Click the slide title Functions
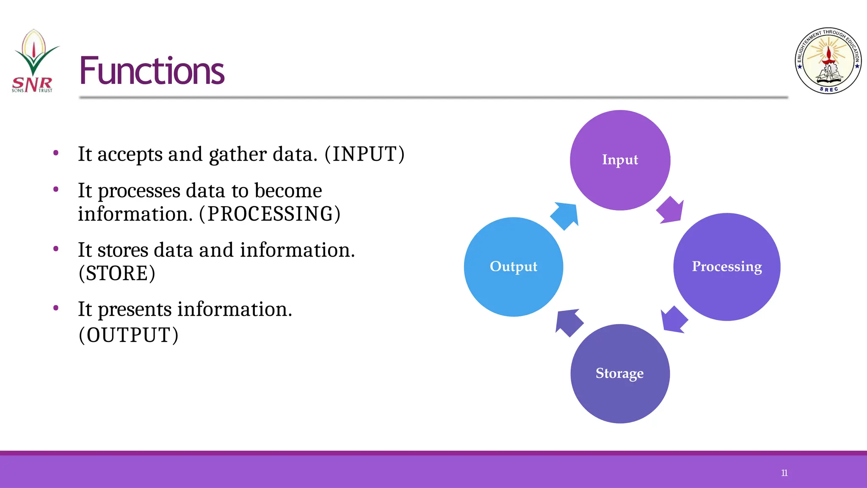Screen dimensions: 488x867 coord(152,71)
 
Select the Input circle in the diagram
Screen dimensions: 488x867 coord(620,160)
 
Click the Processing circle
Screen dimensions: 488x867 coord(726,267)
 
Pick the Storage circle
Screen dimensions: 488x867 coord(620,374)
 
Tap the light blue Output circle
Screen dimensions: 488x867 coord(513,267)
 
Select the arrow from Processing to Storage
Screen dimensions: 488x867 coord(674,319)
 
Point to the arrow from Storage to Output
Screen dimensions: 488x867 coord(569,322)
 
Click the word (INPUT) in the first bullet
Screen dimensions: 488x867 coord(364,154)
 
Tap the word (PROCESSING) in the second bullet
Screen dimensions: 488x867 coord(270,214)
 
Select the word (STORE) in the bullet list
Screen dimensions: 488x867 coord(117,273)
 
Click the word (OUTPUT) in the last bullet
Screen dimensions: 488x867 coord(128,335)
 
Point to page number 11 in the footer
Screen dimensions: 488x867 coord(784,473)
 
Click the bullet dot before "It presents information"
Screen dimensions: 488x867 coord(56,308)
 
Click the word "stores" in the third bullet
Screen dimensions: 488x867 coord(123,250)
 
